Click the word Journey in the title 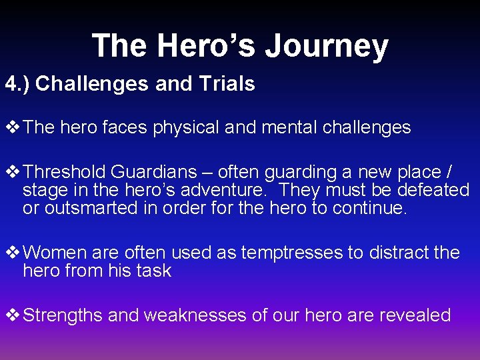tap(327, 47)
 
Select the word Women tap(55, 253)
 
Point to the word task tap(157, 271)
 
